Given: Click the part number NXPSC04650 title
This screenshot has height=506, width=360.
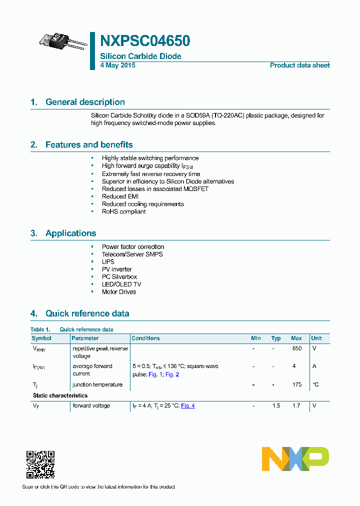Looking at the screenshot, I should point(145,41).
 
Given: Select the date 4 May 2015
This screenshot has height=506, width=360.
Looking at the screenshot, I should point(117,65).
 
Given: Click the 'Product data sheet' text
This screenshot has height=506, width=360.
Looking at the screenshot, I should point(299,65).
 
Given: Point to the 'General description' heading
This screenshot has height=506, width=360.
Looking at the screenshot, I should point(85,102).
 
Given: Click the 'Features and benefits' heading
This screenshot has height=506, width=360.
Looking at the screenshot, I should point(89,145).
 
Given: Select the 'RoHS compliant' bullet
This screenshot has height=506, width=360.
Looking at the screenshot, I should point(123,211).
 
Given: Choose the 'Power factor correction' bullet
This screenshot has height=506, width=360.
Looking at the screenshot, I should point(132,246).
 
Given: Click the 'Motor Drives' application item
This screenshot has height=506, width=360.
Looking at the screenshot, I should point(118,291).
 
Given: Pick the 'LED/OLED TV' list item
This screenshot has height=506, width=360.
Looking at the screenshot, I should point(121,284).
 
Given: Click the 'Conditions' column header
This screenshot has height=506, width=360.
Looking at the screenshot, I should point(146,338).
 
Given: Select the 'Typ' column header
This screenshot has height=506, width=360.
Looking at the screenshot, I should point(276,338).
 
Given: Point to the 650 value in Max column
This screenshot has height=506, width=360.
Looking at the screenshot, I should point(296,348).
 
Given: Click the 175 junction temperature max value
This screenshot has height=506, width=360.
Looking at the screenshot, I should point(297,384).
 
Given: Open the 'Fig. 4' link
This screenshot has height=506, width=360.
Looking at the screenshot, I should point(187,405).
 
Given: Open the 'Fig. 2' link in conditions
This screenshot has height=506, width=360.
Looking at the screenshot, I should point(172,374).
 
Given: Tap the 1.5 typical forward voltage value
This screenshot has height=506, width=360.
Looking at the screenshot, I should point(276,405).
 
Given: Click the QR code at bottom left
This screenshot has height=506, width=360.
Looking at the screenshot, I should point(40,464).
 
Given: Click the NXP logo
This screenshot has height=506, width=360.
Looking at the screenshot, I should point(295,459).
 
